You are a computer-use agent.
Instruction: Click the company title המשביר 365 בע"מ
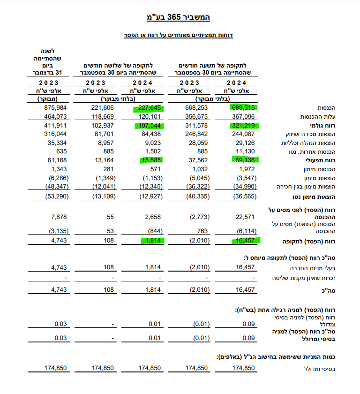[x=180, y=17]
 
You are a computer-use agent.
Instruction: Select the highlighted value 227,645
[x=150, y=107]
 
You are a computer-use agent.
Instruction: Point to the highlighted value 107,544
[x=150, y=126]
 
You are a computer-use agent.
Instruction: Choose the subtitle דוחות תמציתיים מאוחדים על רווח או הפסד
[x=180, y=35]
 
